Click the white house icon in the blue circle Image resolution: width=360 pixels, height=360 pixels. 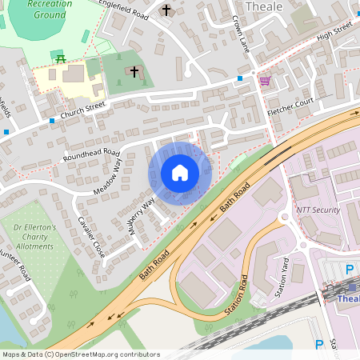point(180,173)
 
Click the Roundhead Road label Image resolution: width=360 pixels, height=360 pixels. point(91,154)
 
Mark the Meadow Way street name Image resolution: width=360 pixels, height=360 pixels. point(112,174)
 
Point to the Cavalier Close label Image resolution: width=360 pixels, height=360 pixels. point(91,238)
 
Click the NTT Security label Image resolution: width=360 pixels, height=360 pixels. point(318,210)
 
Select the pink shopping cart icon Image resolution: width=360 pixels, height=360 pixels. point(264,81)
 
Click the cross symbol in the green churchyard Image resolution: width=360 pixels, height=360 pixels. point(134,72)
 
